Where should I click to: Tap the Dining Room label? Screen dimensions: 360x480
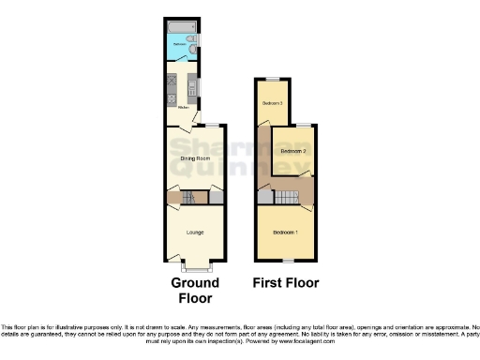194,158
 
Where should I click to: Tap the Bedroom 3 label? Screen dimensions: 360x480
273,102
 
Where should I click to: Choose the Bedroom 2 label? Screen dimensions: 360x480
293,150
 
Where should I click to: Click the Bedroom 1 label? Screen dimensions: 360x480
286,232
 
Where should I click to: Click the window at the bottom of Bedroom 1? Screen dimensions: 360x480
286,259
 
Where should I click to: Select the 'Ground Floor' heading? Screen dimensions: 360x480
195,290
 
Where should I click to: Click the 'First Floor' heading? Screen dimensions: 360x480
286,282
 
